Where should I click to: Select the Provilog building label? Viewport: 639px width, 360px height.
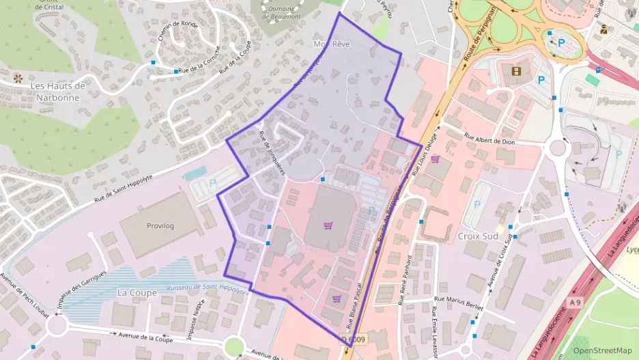[x=161, y=225]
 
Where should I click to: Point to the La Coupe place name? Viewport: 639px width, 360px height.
[x=137, y=292]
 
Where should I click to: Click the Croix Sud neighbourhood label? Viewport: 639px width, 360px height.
[x=476, y=236]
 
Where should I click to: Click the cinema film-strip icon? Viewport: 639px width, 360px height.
[x=515, y=70]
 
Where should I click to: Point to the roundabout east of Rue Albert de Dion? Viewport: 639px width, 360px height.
[x=558, y=147]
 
